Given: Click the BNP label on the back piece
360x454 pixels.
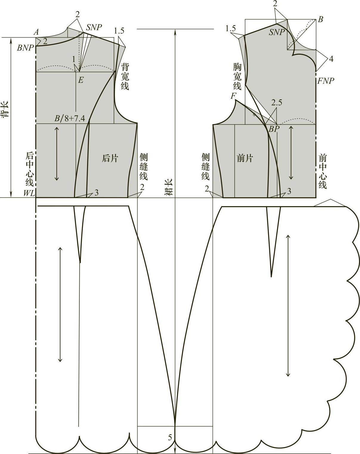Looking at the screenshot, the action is click(x=25, y=48).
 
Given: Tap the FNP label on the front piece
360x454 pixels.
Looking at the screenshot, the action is click(x=326, y=81).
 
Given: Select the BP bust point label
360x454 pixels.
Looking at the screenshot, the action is click(x=274, y=129).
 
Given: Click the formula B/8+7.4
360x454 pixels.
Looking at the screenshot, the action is click(x=70, y=118).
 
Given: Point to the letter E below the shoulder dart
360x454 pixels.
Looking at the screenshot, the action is click(x=81, y=80).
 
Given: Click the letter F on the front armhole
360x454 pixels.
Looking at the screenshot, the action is click(x=233, y=96).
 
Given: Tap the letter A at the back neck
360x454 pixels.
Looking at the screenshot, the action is click(x=36, y=32).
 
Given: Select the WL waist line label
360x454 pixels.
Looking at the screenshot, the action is click(x=29, y=193).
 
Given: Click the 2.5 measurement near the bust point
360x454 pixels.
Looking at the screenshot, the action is click(x=276, y=103).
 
